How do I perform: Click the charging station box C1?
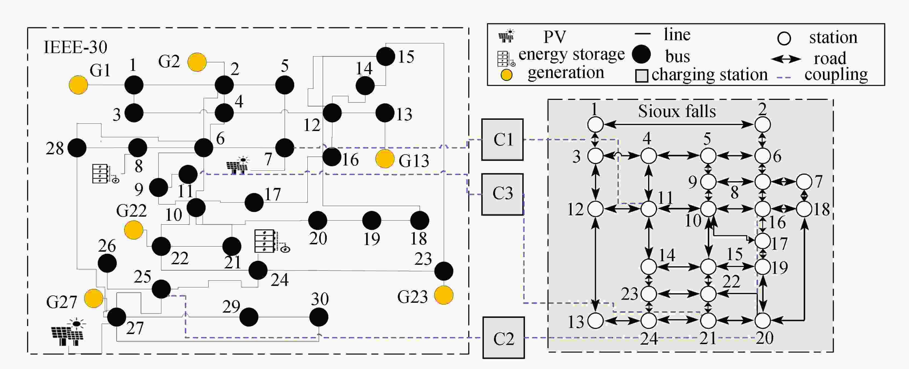click(x=502, y=140)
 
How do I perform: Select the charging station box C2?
click(x=503, y=338)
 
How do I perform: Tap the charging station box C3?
click(x=502, y=194)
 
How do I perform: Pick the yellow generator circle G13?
click(x=385, y=159)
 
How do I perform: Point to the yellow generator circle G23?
click(x=443, y=295)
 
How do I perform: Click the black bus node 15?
click(x=386, y=56)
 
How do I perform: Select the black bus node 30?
click(x=319, y=317)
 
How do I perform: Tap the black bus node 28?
click(x=77, y=148)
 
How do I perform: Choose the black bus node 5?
click(x=284, y=85)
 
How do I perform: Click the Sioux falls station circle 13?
click(x=596, y=321)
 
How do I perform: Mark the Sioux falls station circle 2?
click(x=763, y=124)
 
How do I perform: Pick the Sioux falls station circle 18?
click(x=804, y=209)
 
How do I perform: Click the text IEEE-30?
click(x=75, y=47)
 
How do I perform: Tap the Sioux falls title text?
click(x=677, y=111)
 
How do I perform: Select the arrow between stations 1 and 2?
click(x=679, y=124)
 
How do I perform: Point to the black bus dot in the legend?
click(x=641, y=54)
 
